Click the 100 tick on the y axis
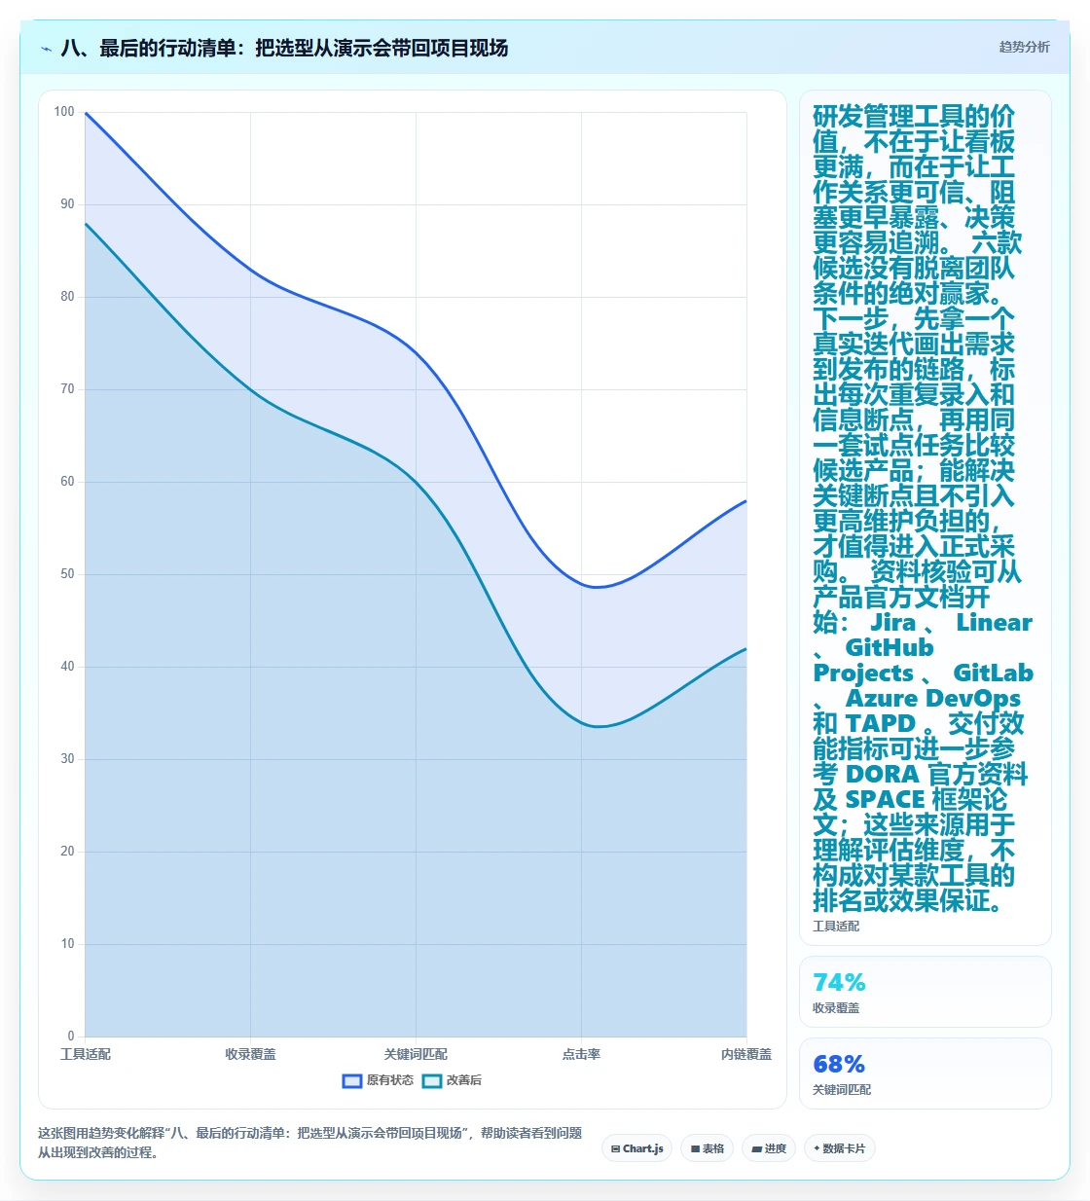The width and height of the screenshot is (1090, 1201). pos(64,111)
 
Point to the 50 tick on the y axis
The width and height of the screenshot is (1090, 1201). pos(67,573)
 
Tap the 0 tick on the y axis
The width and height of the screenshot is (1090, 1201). pos(71,1036)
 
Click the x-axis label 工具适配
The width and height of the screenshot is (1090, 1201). pos(85,1054)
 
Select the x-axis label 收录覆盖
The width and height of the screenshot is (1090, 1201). pos(250,1054)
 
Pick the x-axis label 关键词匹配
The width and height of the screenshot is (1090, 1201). pos(416,1054)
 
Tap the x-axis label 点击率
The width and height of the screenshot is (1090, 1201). pos(581,1054)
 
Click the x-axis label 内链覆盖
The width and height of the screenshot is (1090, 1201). pos(746,1054)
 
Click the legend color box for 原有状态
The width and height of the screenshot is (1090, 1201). pos(351,1080)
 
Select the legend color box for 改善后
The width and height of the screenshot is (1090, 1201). pos(432,1080)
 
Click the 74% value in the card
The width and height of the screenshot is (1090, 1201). pos(839,982)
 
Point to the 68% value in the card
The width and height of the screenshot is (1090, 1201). pos(839,1064)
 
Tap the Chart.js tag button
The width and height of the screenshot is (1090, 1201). pos(636,1148)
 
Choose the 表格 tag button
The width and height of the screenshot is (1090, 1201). pos(707,1148)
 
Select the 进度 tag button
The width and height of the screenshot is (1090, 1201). pos(769,1148)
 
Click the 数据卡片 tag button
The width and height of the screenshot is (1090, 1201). pos(839,1148)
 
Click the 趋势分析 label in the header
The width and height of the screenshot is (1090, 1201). pos(1024,48)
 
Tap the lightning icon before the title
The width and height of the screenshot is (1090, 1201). pos(46,49)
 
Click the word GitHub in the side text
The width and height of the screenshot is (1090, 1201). pos(889,648)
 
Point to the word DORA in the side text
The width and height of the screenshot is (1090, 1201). pos(882,774)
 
